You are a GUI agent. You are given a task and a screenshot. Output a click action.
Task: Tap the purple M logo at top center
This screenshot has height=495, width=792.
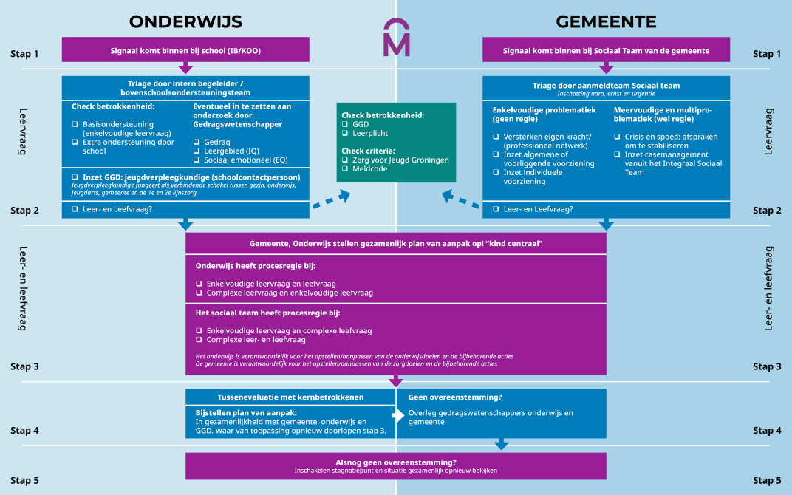tap(396, 41)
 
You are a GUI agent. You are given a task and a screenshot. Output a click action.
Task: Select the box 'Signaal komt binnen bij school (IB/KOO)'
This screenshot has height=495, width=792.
tap(185, 50)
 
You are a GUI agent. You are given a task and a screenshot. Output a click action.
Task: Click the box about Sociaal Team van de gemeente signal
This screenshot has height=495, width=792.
tap(606, 50)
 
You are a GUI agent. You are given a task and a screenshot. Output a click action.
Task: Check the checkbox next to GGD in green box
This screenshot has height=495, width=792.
tap(345, 124)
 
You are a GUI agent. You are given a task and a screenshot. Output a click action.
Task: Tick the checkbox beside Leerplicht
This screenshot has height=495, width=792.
tap(345, 134)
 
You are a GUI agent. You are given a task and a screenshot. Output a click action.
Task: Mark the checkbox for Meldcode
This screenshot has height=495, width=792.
tap(345, 169)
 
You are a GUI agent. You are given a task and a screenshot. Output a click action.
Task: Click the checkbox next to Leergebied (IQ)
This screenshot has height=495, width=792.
tap(197, 151)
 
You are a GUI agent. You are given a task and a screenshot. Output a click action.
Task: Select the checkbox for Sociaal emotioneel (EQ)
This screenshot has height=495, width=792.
tap(197, 160)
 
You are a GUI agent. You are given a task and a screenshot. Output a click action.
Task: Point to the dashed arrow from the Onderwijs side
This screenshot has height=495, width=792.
tap(330, 199)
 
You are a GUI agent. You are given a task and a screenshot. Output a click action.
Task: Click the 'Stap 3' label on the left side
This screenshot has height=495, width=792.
tap(24, 366)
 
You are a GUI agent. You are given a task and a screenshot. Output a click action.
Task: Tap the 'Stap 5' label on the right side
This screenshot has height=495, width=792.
tap(767, 481)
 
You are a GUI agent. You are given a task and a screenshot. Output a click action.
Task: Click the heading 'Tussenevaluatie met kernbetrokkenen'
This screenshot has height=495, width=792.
tap(290, 397)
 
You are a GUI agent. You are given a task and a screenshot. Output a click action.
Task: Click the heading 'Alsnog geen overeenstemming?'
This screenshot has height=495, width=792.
tap(396, 462)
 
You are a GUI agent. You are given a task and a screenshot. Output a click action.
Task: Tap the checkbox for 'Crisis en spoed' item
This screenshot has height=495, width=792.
tap(618, 137)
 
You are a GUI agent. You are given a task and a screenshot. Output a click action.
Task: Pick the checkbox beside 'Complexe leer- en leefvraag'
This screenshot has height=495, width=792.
tap(199, 340)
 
